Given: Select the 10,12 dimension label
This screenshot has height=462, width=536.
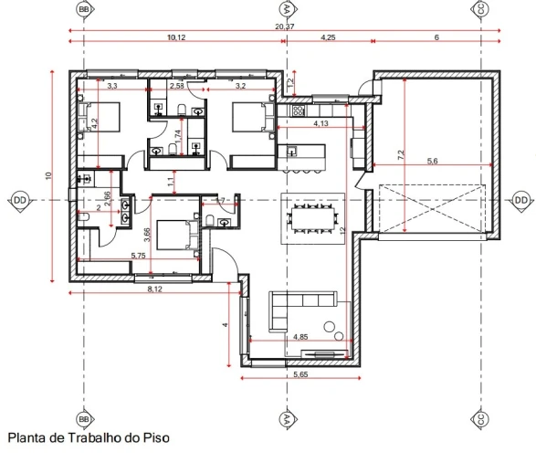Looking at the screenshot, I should (x=176, y=37).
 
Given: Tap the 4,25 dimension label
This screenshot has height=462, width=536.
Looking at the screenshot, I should (x=330, y=37).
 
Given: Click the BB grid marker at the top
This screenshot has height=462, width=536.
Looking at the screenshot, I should (x=85, y=9).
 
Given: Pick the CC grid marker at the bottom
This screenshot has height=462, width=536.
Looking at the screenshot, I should (x=478, y=419).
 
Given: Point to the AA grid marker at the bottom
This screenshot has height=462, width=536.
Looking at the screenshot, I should (x=288, y=419).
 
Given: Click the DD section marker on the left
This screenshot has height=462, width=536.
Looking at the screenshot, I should (x=20, y=199).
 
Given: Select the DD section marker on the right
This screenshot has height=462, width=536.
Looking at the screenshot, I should (x=520, y=199).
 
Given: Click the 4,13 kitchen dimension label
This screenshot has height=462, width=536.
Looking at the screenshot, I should (x=321, y=122).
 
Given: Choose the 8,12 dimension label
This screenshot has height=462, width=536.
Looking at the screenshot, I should (x=155, y=289).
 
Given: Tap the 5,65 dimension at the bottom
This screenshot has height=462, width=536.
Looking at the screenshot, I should (x=300, y=374).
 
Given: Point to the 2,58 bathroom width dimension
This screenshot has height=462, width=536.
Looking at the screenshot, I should (x=177, y=86).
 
